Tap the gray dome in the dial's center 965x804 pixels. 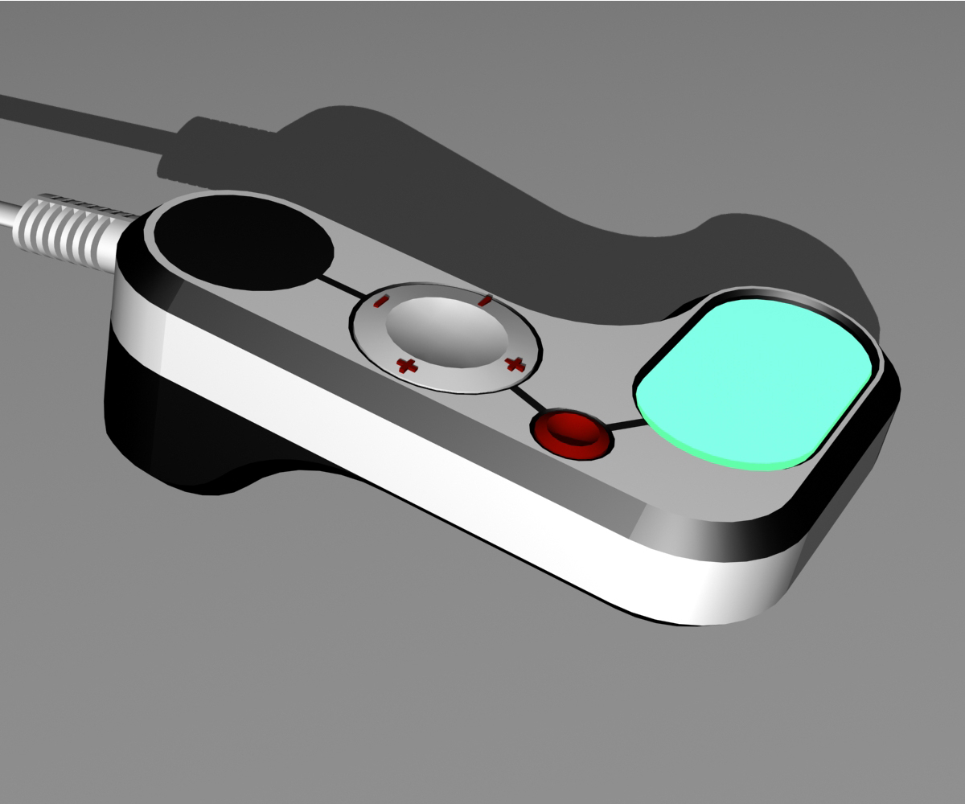446,332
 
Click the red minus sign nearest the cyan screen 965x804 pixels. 484,301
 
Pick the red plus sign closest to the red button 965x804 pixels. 512,364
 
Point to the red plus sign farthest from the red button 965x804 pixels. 408,367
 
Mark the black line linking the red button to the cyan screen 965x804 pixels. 627,424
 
